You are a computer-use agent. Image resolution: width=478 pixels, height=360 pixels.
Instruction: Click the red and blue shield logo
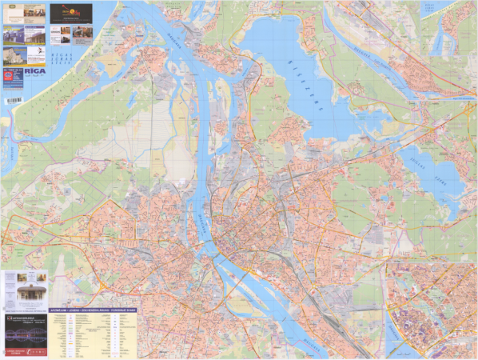(x=10, y=77)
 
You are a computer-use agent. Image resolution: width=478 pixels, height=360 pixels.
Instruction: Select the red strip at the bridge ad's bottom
(x=25, y=350)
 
